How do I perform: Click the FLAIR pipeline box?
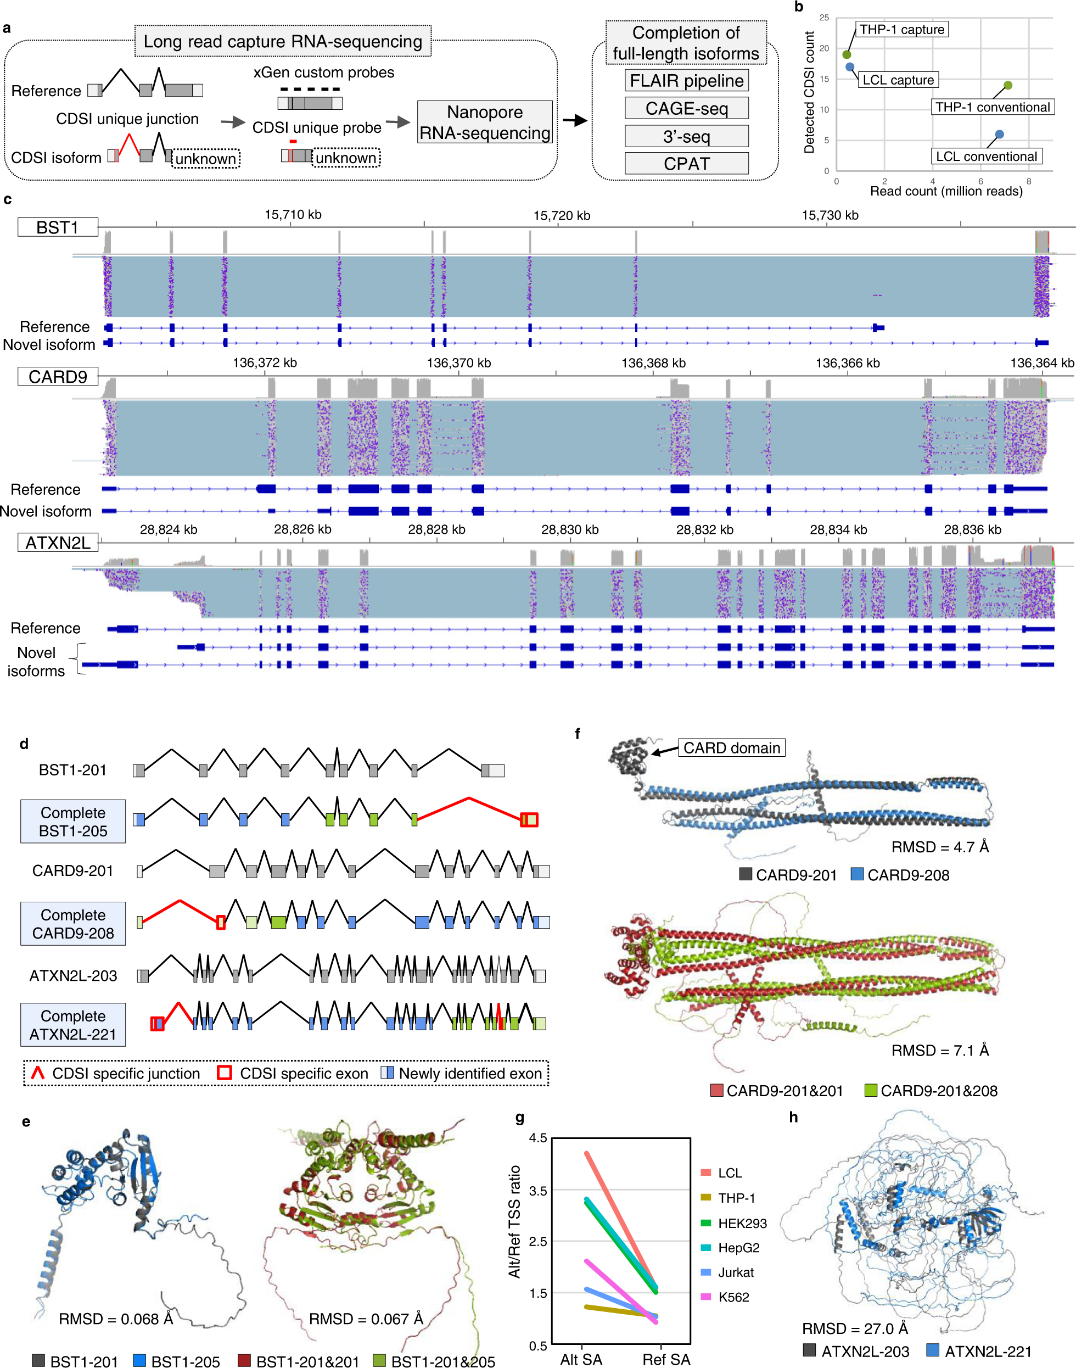coord(686,81)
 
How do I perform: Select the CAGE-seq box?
coord(686,108)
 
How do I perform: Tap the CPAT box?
coord(686,164)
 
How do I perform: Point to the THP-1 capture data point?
coord(847,54)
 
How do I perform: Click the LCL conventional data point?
coord(999,134)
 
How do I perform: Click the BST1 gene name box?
coord(57,227)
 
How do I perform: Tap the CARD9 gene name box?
coord(57,377)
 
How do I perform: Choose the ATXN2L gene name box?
coord(57,543)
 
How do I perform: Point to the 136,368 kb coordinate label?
coord(653,363)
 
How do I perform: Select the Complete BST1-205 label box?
coord(73,822)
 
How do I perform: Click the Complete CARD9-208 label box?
coord(73,924)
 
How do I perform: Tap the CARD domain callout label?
coord(731,748)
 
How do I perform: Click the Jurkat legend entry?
coord(735,1272)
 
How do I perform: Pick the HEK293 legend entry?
coord(742,1223)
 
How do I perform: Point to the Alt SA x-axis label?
coord(581,1359)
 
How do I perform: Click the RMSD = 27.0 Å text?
coord(854,1328)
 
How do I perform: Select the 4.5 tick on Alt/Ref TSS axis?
coord(538,1138)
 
